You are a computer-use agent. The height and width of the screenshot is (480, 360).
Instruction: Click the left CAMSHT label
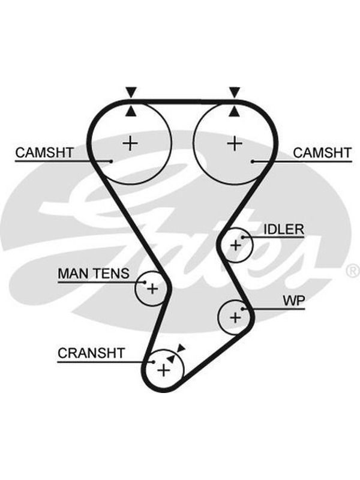click(44, 152)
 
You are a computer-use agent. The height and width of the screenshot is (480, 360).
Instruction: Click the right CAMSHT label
click(322, 152)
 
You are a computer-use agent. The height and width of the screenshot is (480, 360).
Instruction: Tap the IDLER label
click(284, 229)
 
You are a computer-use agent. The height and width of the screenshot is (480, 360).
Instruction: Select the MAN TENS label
click(94, 274)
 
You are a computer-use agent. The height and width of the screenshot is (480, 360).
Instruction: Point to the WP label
click(294, 301)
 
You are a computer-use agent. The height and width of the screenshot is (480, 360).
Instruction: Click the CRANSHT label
click(91, 353)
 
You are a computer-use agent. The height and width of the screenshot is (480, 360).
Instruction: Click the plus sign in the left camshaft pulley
click(130, 143)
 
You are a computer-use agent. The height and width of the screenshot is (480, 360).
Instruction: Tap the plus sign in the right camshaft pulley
click(235, 143)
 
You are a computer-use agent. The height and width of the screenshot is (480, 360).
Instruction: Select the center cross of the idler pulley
click(236, 245)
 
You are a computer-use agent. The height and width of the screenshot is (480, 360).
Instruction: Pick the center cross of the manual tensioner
click(152, 289)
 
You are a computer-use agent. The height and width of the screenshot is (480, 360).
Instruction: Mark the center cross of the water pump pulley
click(235, 317)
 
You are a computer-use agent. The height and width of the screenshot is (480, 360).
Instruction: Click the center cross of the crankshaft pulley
click(164, 370)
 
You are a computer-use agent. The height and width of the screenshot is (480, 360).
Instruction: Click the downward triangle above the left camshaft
click(131, 92)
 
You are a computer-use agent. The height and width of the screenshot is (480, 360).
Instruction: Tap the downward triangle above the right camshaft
click(235, 92)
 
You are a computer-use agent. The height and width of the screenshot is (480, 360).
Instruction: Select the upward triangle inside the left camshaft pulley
click(131, 112)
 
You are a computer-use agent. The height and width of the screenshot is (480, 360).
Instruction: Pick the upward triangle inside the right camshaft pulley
click(235, 112)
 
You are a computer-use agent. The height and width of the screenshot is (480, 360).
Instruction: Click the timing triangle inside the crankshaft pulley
click(171, 359)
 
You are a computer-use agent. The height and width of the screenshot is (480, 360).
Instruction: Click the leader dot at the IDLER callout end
click(242, 237)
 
